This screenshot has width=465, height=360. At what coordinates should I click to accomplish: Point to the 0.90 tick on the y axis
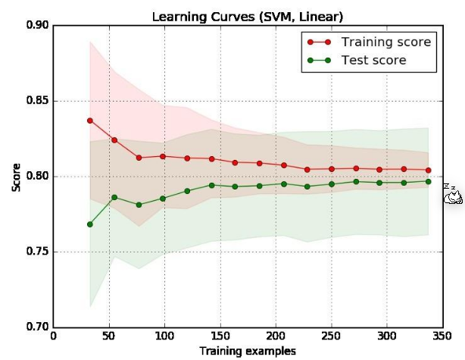[x=37, y=26]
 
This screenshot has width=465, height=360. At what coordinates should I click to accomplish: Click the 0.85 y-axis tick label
[x=37, y=101]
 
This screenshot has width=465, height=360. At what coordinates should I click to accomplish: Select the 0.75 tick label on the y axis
[x=37, y=252]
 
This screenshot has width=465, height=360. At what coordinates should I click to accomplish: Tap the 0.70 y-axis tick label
[x=37, y=327]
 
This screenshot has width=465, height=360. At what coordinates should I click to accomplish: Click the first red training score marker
[x=90, y=121]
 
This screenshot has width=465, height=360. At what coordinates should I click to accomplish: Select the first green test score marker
[x=90, y=224]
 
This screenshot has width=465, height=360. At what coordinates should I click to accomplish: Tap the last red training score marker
[x=429, y=171]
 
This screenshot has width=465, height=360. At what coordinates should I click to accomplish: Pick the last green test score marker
[x=429, y=181]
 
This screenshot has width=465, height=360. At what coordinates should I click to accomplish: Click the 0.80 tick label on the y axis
[x=37, y=177]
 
